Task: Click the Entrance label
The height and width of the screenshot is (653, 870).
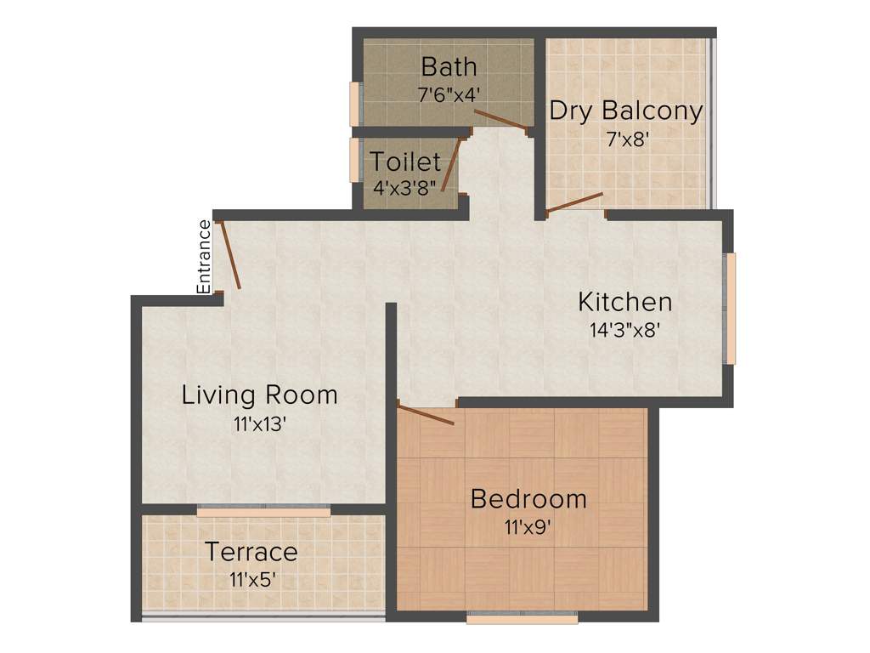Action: point(204,257)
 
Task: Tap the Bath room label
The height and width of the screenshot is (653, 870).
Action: point(449,66)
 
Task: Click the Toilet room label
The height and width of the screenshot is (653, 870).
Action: point(405,162)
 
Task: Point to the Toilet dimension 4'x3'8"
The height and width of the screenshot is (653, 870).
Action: point(405,187)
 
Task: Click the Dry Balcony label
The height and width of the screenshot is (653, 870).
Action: point(625,111)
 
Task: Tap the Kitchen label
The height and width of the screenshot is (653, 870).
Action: point(624,302)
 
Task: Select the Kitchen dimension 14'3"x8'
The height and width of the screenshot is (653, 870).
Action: point(625,330)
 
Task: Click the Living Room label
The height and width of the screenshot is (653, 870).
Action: point(259,395)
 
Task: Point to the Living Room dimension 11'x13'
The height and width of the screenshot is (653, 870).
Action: point(259,423)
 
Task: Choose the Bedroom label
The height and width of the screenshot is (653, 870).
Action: point(528,499)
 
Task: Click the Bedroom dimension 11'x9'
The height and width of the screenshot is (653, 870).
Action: point(528,527)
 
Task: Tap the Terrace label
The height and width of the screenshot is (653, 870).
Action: point(251,553)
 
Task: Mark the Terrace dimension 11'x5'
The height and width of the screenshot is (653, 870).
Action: point(252,580)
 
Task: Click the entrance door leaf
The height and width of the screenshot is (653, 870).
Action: point(230,254)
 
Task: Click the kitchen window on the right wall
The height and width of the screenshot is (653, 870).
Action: point(730,308)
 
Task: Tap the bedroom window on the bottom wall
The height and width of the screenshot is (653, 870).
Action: point(522,617)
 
